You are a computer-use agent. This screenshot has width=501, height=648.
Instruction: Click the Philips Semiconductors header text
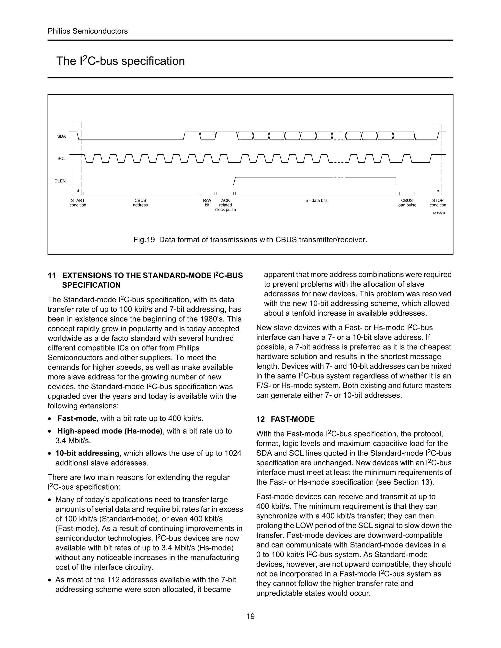pos(88,31)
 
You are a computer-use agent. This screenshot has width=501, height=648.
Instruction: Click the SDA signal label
pos(61,136)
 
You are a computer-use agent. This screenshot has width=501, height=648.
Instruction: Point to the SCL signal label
pos(61,159)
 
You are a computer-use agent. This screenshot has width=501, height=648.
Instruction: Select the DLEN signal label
pos(60,181)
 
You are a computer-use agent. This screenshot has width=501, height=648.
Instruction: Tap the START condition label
pos(78,203)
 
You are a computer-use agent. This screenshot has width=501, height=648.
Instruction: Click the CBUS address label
pos(140,203)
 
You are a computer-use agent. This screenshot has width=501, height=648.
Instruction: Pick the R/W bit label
pos(207,203)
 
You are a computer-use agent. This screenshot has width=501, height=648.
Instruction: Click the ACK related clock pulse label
pos(225,205)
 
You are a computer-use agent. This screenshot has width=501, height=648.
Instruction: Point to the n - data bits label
pos(316,201)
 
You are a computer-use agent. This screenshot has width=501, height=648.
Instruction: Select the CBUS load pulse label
pos(407,203)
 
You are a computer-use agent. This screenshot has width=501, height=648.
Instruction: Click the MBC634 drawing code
pos(439,213)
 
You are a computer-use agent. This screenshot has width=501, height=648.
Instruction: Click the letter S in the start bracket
pos(78,190)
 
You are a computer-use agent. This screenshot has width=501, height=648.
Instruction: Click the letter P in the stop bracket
pos(438,192)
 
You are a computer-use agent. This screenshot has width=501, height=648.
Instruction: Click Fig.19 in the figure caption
pos(144,239)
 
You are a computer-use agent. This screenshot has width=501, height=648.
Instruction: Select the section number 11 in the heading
pos(52,275)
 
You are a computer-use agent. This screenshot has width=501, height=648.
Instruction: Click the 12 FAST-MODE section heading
pos(285,419)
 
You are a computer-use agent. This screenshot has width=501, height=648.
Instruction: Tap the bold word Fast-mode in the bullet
pos(77,418)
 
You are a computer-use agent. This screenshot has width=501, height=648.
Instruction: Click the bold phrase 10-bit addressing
pos(87,453)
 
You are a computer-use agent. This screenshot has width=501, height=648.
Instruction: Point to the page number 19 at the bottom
pos(250,616)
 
